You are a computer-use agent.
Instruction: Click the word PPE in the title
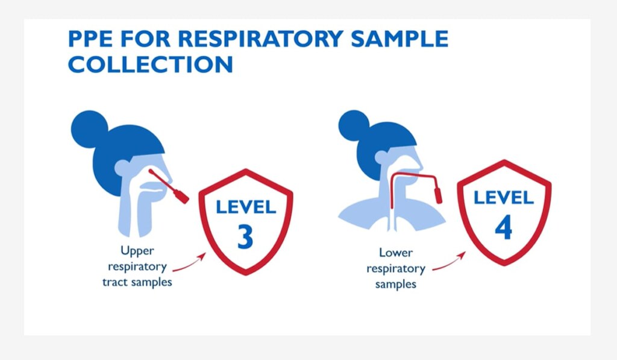90,39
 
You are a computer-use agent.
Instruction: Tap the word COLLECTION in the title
150,65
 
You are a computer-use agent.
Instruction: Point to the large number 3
245,236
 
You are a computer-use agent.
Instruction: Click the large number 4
503,227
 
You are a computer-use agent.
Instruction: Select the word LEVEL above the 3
246,207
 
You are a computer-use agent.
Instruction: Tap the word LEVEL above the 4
503,197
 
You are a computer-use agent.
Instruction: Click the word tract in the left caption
117,282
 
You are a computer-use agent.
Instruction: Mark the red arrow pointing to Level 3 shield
189,264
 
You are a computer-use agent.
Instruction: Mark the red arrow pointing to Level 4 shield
448,261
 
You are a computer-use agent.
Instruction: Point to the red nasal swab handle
179,194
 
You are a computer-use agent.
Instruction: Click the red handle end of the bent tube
438,193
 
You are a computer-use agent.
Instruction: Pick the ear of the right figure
381,158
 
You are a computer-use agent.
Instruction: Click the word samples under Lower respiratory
395,284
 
